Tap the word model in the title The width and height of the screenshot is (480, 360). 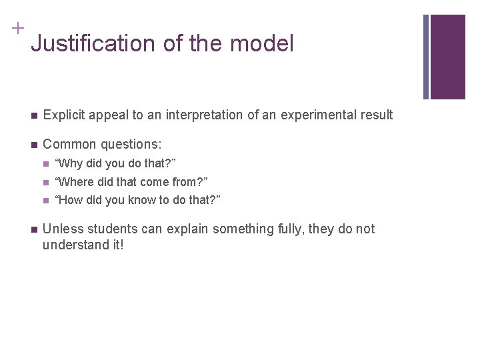(x=261, y=44)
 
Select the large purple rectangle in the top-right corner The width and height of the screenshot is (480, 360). (x=448, y=57)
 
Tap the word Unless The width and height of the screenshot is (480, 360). (x=61, y=229)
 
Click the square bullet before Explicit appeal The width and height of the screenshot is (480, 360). (x=33, y=115)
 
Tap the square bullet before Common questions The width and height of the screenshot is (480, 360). (x=33, y=145)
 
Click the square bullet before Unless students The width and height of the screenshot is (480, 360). (x=33, y=230)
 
